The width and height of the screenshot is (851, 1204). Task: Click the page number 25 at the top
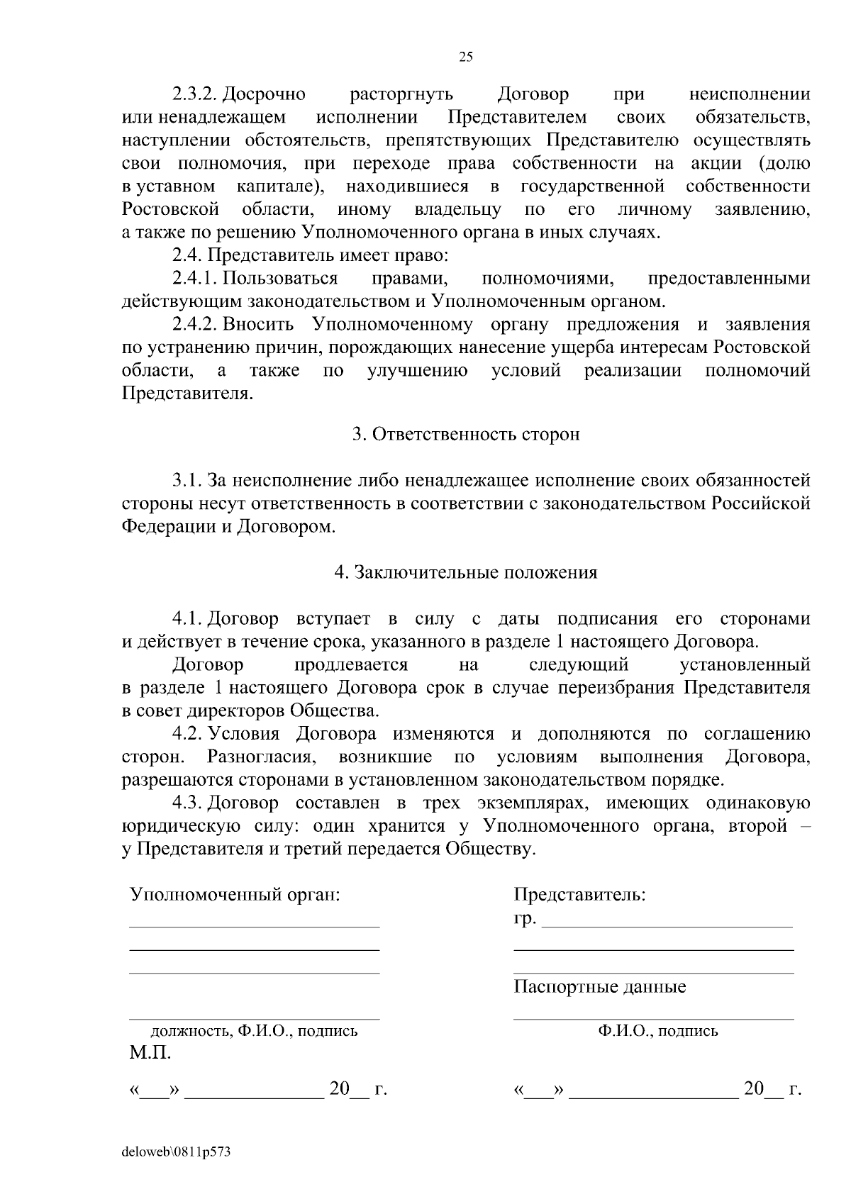[466, 57]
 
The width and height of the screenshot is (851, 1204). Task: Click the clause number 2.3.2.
[196, 94]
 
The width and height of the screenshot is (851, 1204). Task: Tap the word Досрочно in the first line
[265, 94]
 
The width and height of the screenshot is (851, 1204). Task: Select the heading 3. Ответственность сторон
[466, 434]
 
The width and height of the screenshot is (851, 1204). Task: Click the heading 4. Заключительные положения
[466, 572]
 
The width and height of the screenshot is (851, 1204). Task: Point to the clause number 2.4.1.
[196, 279]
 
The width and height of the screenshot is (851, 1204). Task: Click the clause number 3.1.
[187, 481]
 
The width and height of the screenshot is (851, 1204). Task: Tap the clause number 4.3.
[187, 803]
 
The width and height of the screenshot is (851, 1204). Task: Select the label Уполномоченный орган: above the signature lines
[235, 894]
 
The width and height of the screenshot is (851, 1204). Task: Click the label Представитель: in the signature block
[579, 894]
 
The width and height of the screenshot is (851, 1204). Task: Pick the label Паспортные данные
[600, 986]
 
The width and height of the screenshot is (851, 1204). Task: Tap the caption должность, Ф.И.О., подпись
[254, 1030]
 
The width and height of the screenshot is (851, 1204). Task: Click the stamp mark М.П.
[150, 1053]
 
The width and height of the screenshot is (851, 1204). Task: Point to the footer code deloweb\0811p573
[176, 1152]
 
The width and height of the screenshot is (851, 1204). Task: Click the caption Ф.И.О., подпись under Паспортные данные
[657, 1030]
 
